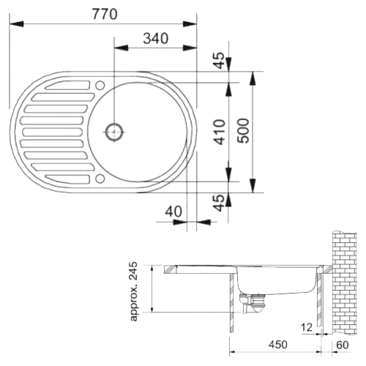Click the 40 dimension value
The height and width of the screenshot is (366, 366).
click(173, 211)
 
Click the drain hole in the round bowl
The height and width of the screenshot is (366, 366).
click(114, 132)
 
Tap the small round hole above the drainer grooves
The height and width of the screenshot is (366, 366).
click(100, 86)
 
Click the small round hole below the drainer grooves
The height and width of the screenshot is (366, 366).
click(100, 177)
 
